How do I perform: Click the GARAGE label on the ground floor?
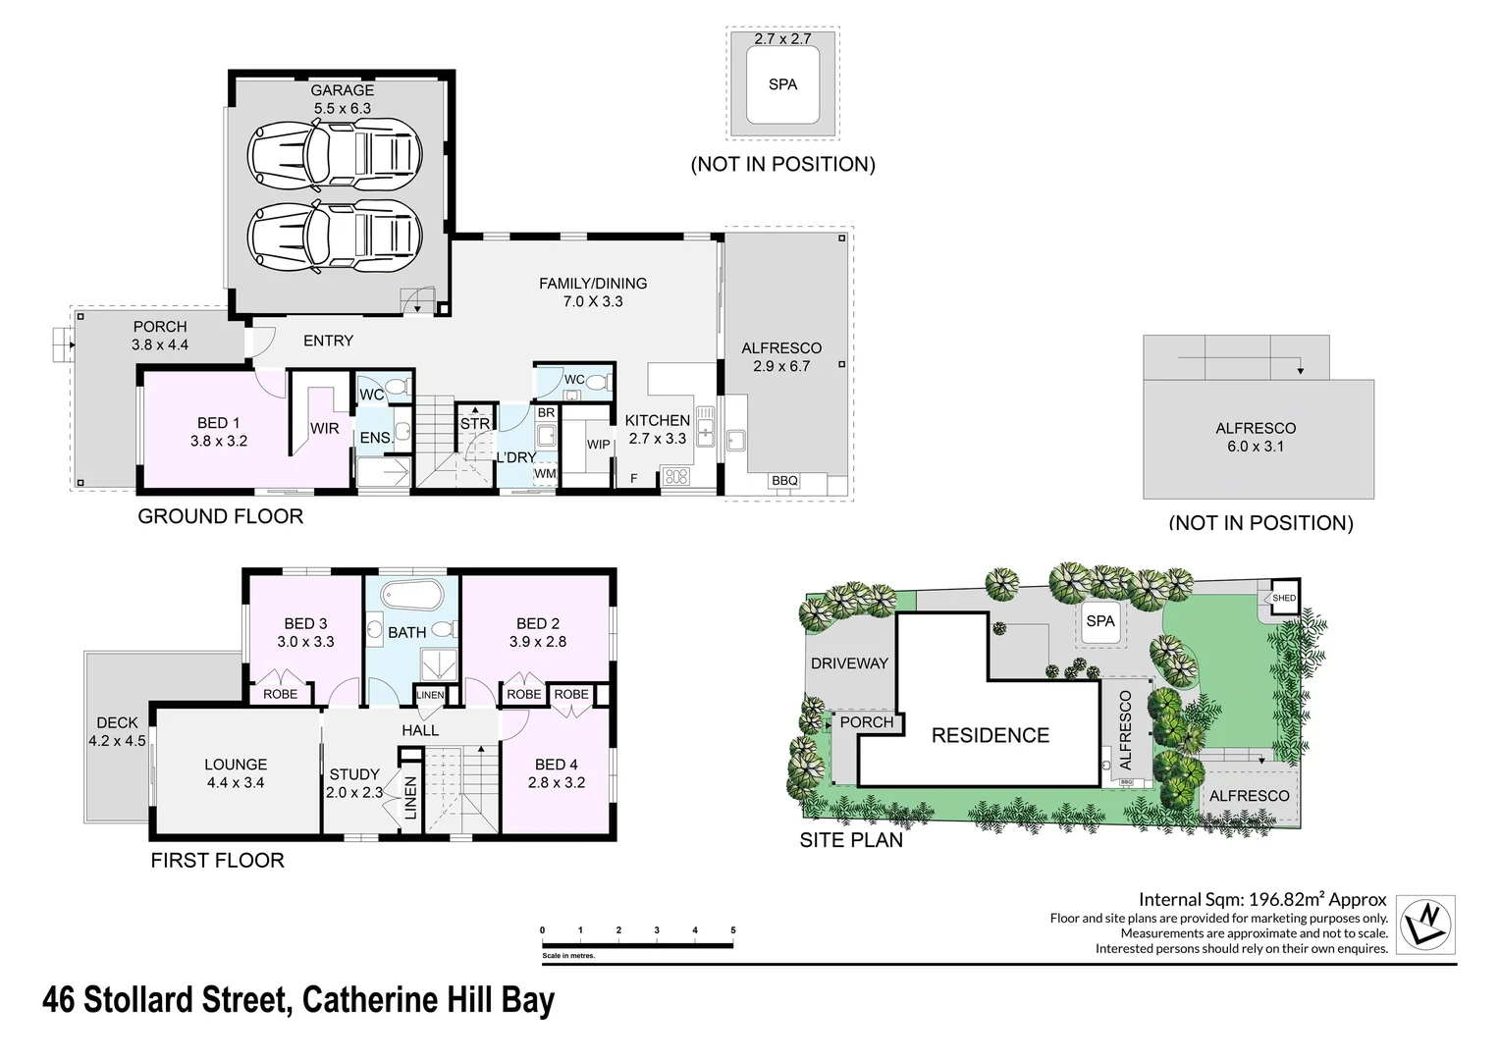pos(342,90)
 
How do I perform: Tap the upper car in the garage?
pos(334,153)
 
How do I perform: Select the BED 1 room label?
pos(218,423)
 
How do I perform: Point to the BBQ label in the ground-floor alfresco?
pos(784,481)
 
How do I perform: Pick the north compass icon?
pos(1425,924)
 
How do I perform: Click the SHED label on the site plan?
pos(1284,598)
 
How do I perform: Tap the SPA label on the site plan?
pos(1100,621)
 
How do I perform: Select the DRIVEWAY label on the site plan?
pos(849,663)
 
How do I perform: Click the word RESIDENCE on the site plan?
pos(990,735)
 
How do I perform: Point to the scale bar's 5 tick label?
pos(733,930)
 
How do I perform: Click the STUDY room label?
pos(354,774)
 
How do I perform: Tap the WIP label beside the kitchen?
pos(599,445)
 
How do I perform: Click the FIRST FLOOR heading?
pos(217,861)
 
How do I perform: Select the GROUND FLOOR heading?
pos(220,516)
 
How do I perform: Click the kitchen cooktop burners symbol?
pos(676,477)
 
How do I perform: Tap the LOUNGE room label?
pos(236,765)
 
